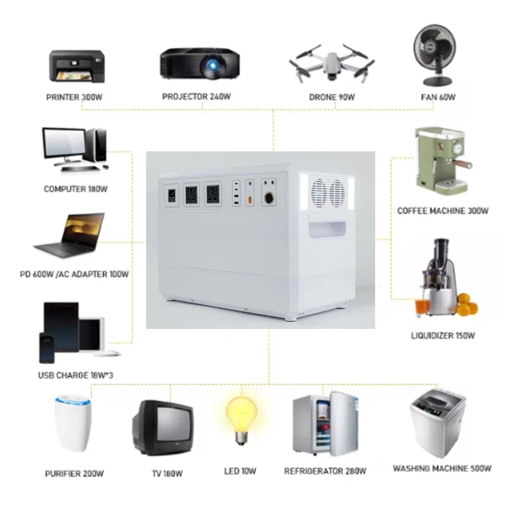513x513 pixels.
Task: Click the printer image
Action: pos(76,64)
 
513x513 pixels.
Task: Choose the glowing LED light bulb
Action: pos(242,418)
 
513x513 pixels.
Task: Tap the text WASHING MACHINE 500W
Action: pos(442,469)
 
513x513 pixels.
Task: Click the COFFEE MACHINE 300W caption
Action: pos(443,210)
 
